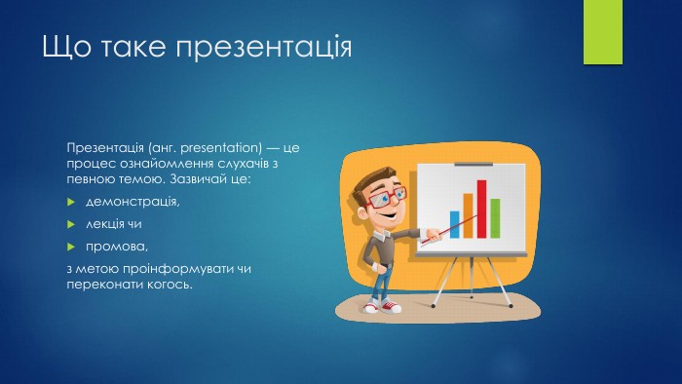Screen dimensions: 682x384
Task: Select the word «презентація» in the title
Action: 264,47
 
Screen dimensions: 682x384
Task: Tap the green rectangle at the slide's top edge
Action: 603,32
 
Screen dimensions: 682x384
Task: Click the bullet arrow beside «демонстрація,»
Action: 71,202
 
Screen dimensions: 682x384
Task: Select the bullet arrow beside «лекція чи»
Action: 71,224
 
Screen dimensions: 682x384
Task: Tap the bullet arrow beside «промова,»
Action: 71,247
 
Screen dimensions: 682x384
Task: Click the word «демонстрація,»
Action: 133,202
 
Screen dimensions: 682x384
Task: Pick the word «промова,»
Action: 117,247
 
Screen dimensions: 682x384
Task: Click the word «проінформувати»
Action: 178,269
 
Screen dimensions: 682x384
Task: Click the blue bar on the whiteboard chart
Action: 455,224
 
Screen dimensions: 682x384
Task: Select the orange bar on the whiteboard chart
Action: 468,215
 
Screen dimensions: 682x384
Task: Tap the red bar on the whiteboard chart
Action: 481,210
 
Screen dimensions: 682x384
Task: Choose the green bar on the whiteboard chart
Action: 495,218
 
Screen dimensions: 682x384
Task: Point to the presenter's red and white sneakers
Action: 382,307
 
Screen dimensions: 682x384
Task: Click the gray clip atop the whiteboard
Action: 474,165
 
